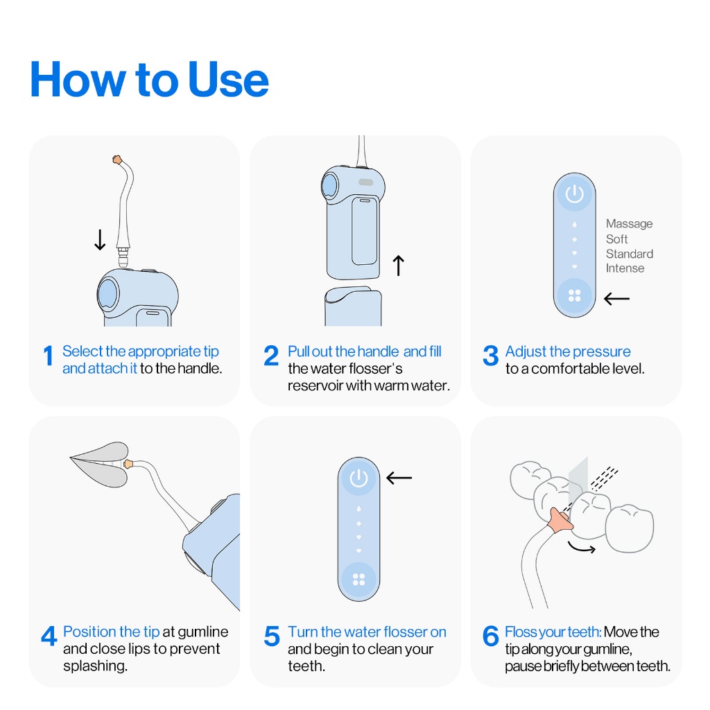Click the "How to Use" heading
(x=150, y=80)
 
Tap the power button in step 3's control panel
(x=574, y=194)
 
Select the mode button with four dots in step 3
(x=574, y=295)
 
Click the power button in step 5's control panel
(x=358, y=478)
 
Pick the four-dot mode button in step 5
(x=358, y=579)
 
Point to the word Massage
(x=629, y=224)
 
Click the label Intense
(x=625, y=268)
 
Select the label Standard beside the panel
(x=630, y=254)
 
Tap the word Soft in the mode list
(x=616, y=239)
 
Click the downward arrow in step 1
(x=100, y=239)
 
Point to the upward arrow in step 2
(x=398, y=266)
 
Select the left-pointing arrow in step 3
(x=616, y=298)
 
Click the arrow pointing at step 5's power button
(x=399, y=478)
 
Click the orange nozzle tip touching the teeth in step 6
(x=560, y=520)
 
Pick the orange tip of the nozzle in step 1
(x=116, y=159)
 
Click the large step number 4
(x=49, y=637)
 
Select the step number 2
(x=271, y=356)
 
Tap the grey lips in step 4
(x=101, y=465)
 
